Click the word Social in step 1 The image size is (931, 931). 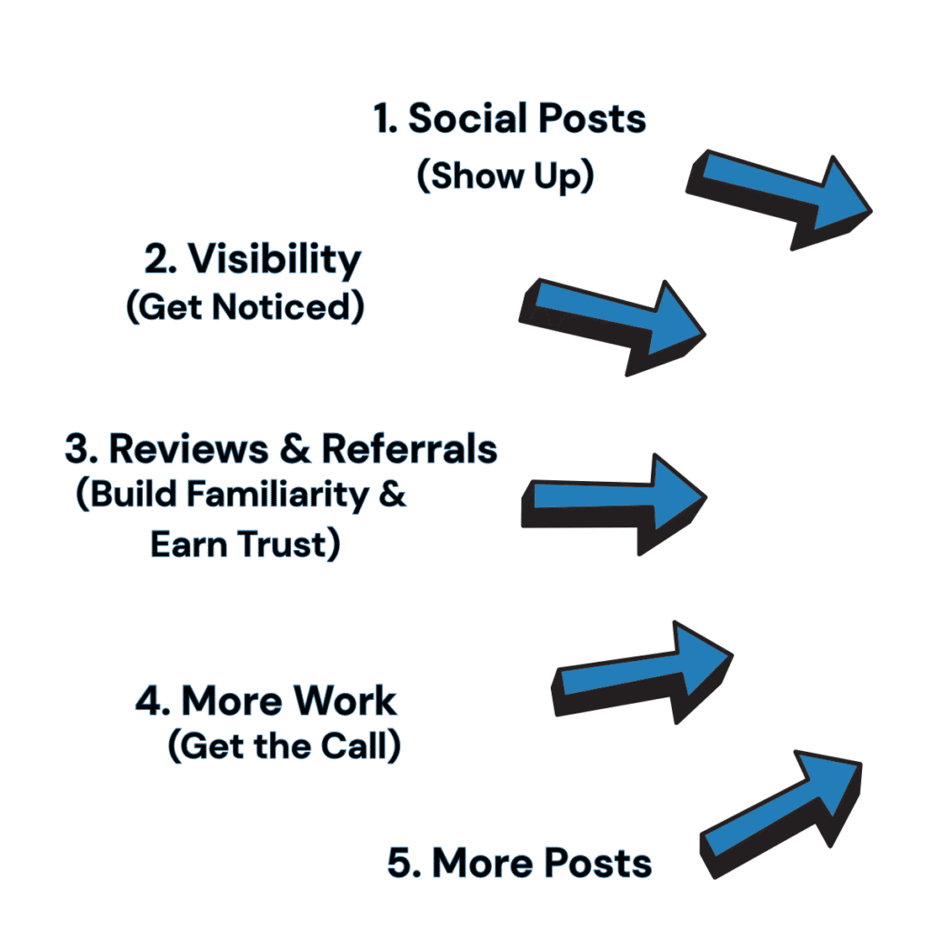[455, 119]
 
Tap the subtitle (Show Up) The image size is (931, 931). [505, 175]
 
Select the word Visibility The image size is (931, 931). [274, 260]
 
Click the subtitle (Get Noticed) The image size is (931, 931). [245, 307]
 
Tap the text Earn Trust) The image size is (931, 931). [245, 545]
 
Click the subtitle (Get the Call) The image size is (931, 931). [285, 747]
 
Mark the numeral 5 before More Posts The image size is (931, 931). [398, 863]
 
